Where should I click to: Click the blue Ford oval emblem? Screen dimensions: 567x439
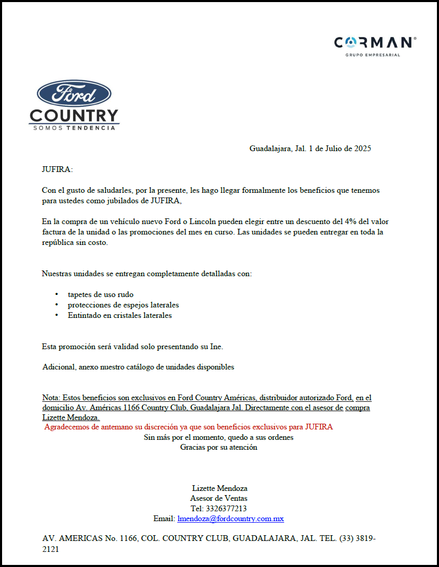[x=74, y=94]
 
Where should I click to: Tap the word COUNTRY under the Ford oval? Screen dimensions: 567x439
[x=74, y=116]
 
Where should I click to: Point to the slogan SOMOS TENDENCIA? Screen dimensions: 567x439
[x=74, y=128]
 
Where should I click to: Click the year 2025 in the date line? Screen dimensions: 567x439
[x=362, y=149]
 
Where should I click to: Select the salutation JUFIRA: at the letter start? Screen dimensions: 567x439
[x=57, y=169]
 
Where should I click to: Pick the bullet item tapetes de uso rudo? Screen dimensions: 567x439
[x=101, y=294]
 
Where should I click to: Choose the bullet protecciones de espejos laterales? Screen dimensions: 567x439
[x=123, y=305]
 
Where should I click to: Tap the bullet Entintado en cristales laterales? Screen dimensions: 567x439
[x=119, y=315]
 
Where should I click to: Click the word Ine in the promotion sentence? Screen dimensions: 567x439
[x=215, y=347]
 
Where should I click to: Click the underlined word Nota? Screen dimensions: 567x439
[x=51, y=398]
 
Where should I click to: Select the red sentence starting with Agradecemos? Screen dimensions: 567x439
[x=188, y=427]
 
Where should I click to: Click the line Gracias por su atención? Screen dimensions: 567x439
[x=218, y=447]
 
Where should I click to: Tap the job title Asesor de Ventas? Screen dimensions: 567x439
[x=218, y=498]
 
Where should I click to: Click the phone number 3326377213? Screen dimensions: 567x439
[x=226, y=509]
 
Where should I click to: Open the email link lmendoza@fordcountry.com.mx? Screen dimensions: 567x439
[x=230, y=519]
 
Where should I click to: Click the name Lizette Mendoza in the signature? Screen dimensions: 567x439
[x=219, y=488]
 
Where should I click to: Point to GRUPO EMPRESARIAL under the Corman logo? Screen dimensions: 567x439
[x=373, y=55]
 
